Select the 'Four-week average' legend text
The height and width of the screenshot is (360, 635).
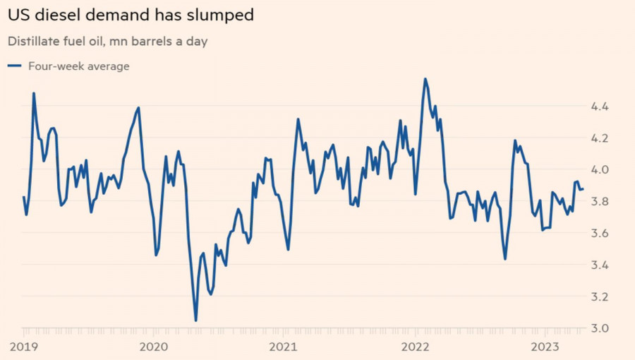click(79, 66)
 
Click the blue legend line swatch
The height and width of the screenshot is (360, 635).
click(14, 66)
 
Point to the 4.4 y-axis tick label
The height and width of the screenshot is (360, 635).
click(600, 107)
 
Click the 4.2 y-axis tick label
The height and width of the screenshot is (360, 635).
click(600, 138)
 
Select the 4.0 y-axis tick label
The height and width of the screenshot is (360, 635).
click(600, 170)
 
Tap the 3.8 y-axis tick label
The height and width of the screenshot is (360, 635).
click(600, 202)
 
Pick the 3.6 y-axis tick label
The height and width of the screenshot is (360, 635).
click(600, 234)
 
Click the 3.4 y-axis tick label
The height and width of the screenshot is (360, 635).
click(600, 265)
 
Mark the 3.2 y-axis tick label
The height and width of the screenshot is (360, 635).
click(600, 297)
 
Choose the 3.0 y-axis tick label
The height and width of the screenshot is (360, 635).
click(600, 329)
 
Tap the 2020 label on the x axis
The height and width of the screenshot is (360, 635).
click(154, 346)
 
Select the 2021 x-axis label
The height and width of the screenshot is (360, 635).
click(283, 346)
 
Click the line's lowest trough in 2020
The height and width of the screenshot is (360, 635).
click(195, 320)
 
